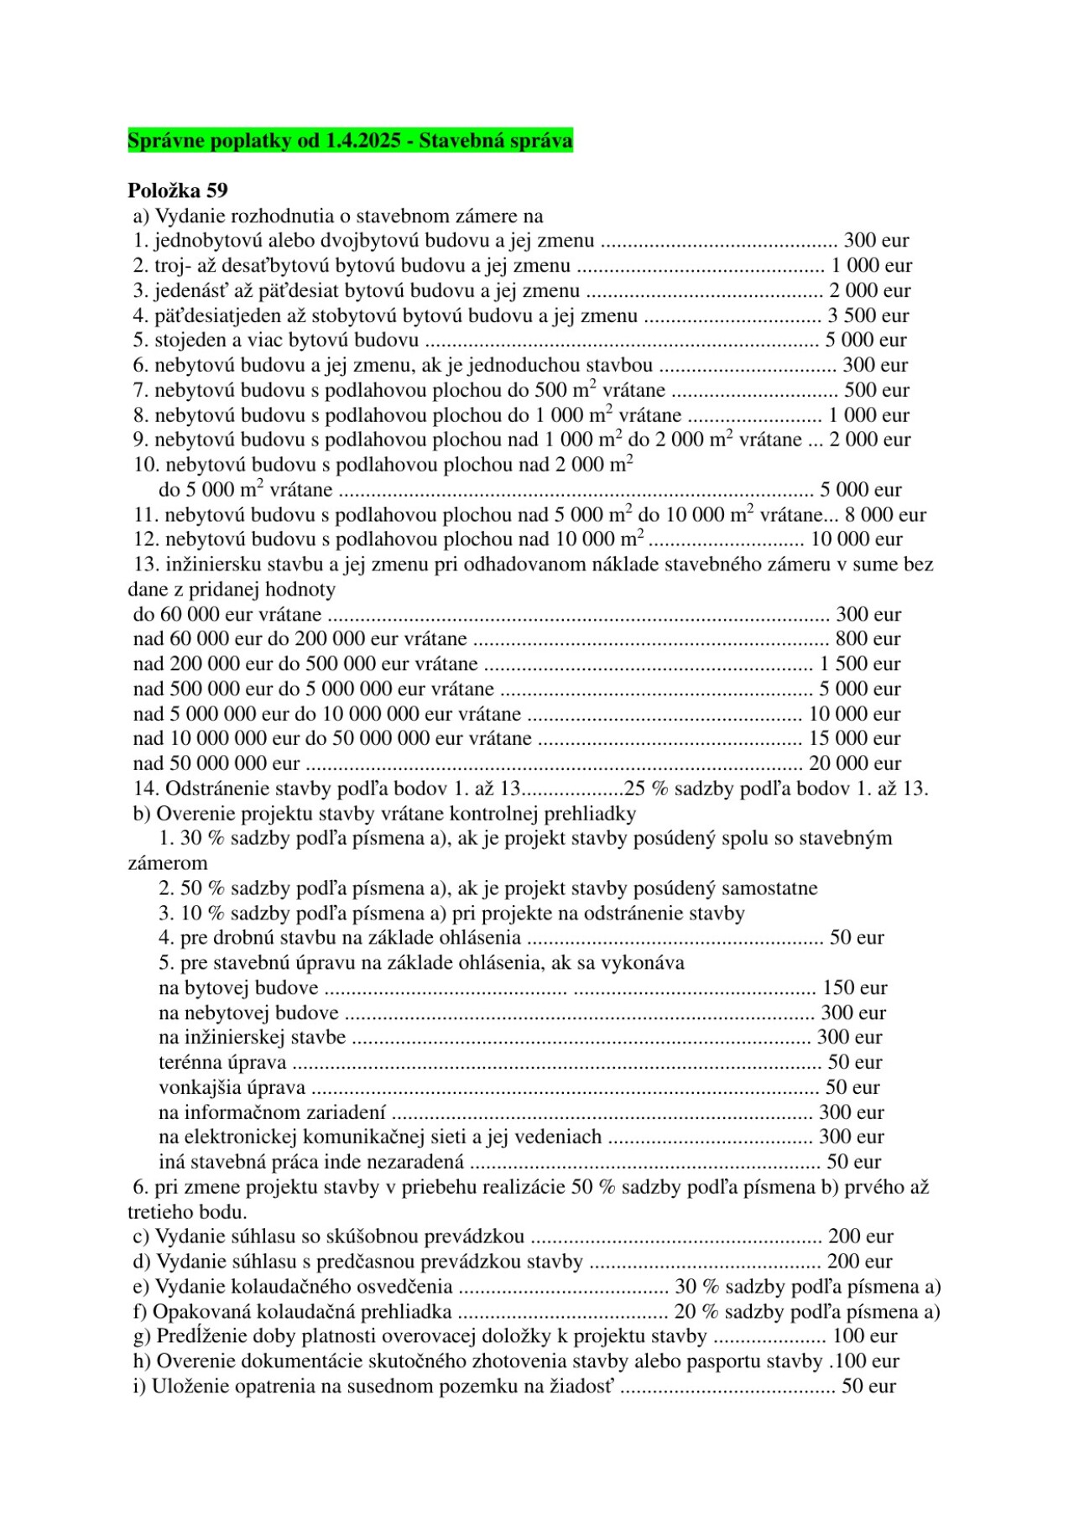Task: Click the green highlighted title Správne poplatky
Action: tap(350, 140)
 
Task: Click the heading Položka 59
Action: tap(177, 190)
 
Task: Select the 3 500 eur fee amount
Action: tap(868, 315)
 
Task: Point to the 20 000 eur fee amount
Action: tap(854, 763)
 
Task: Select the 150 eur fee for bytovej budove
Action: tap(854, 987)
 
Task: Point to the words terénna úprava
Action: tap(222, 1062)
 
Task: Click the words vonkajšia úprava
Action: tap(232, 1087)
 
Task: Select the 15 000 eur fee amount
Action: tap(854, 738)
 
